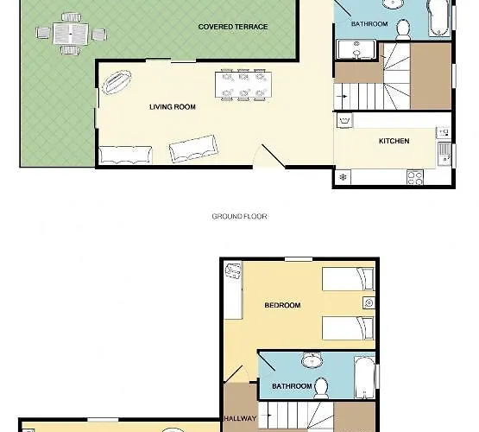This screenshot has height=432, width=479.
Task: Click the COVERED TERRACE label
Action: click(x=233, y=27)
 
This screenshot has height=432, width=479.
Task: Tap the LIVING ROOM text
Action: click(x=173, y=107)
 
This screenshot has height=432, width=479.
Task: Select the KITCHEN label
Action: click(x=394, y=141)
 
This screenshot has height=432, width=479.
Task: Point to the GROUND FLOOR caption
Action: click(x=240, y=217)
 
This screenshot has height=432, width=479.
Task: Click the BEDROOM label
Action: click(x=282, y=305)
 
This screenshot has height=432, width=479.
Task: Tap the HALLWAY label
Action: click(x=240, y=418)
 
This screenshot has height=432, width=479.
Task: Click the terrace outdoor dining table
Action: click(x=71, y=34)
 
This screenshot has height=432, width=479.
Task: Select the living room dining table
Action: click(x=243, y=85)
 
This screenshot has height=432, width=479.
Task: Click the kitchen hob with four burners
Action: click(x=415, y=178)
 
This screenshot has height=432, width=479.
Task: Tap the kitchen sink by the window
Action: click(x=444, y=154)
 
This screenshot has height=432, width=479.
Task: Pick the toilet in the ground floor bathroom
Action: click(x=403, y=29)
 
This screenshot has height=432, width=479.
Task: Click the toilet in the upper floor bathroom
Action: click(x=321, y=388)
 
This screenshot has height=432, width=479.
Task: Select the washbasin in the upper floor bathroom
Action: click(x=312, y=360)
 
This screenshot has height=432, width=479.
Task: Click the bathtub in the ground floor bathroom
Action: click(x=438, y=18)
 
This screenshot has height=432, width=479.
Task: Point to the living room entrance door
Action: click(x=273, y=156)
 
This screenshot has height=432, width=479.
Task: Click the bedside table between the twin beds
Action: click(x=369, y=303)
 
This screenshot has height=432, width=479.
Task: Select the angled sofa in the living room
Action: click(x=193, y=149)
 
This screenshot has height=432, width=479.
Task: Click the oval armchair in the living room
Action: click(x=117, y=82)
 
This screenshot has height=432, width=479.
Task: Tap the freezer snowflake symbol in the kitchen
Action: click(x=343, y=177)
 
